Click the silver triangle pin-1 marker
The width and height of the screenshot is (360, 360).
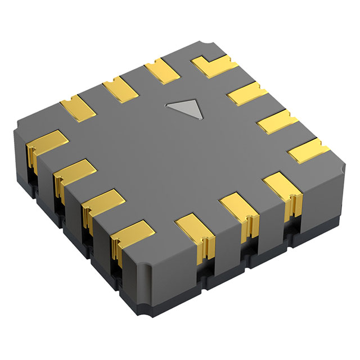click(x=184, y=109)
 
